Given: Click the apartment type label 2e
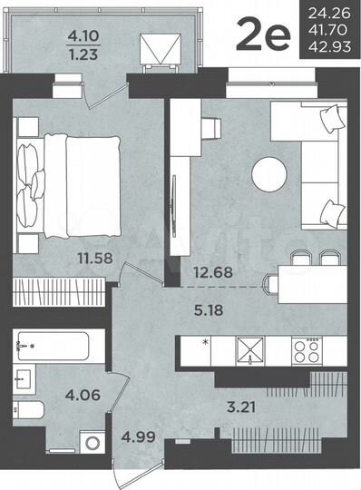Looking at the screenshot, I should (262, 37).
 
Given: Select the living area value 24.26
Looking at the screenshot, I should (329, 13).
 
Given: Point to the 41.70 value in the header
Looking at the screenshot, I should (329, 29).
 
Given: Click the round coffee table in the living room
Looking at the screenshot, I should (269, 173).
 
